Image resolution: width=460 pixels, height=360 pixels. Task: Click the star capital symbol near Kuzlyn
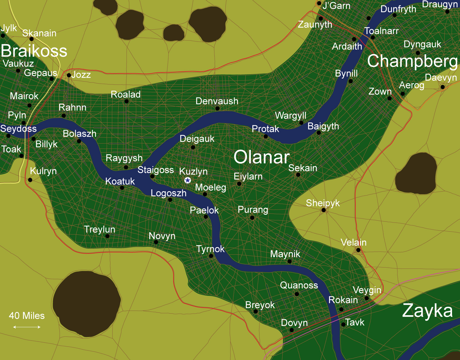[x=188, y=180]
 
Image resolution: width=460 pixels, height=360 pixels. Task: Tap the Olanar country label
[x=262, y=157]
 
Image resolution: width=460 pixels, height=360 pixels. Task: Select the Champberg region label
[x=412, y=61]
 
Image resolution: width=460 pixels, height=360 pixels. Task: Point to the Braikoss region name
[x=34, y=51]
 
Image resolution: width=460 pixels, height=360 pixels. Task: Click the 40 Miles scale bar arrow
[x=27, y=327]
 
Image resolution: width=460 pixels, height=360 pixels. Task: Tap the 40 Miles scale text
[x=27, y=315]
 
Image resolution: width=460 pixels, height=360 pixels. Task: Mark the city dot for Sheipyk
[x=324, y=210]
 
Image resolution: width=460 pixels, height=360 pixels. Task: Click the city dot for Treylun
[x=107, y=236]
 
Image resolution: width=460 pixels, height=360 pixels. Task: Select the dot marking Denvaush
[x=217, y=108]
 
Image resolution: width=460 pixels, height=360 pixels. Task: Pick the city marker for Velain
[x=358, y=250]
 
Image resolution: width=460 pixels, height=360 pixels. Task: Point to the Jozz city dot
[x=69, y=75]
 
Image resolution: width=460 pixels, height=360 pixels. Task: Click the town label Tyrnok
[x=210, y=249]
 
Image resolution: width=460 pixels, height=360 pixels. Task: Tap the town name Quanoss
[x=299, y=285]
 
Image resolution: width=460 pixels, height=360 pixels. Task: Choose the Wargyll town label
[x=291, y=115]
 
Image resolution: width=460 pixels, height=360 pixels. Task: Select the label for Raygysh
[x=124, y=158]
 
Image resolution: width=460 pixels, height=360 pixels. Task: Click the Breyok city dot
[x=255, y=312]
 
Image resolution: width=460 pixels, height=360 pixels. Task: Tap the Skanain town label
[x=39, y=33]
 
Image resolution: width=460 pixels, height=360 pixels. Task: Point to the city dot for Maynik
[x=289, y=261]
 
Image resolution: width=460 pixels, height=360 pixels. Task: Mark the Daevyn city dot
[x=443, y=87]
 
